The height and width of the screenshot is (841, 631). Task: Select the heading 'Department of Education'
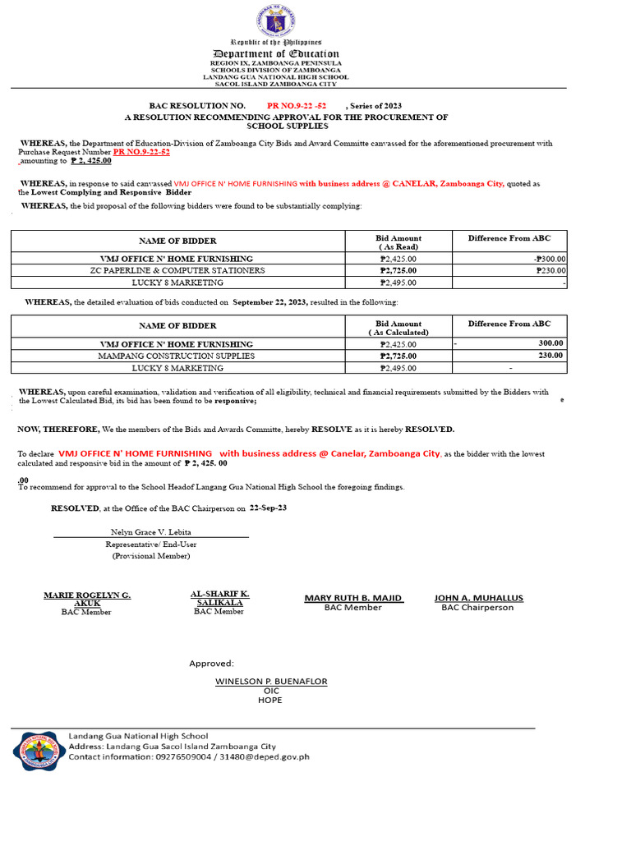click(275, 53)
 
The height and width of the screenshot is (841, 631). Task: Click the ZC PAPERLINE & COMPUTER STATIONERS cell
click(177, 270)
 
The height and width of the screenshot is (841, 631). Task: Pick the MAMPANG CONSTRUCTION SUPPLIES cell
click(177, 356)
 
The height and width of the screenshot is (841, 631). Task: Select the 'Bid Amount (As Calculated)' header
click(398, 328)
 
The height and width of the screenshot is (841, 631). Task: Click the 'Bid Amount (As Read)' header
click(398, 242)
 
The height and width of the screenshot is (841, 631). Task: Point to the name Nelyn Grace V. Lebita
click(150, 532)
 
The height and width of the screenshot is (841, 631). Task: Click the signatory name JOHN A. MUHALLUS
click(478, 598)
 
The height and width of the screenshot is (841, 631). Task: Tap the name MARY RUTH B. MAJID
click(353, 598)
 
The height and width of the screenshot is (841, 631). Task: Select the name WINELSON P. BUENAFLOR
click(271, 682)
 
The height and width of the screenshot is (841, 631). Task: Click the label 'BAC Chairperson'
click(477, 608)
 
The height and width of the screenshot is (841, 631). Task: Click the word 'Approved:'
click(211, 664)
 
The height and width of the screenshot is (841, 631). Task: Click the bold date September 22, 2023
click(270, 302)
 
